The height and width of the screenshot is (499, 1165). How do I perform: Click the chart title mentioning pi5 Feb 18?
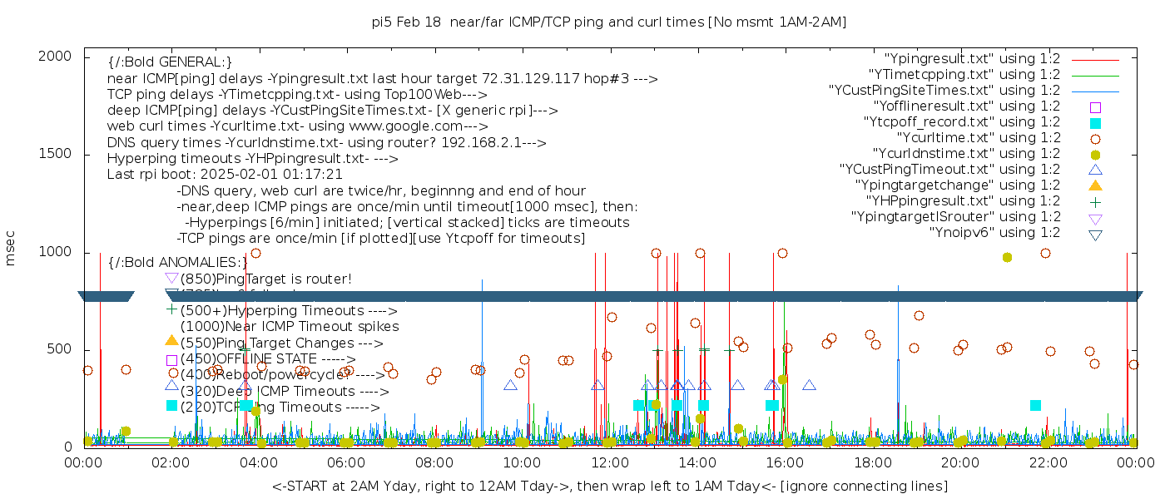coord(609,22)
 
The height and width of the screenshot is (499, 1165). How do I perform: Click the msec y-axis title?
coord(12,249)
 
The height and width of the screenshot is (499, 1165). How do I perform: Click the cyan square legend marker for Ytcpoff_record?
coord(1095,122)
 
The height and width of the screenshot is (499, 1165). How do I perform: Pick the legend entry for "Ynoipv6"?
coord(994,233)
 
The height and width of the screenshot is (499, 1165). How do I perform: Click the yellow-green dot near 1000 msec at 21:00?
coord(1007,258)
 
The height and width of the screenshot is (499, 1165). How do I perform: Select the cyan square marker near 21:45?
coord(1035,405)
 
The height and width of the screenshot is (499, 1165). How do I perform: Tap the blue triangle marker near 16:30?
coord(809,385)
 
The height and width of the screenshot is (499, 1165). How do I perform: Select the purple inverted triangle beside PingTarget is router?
coord(171,278)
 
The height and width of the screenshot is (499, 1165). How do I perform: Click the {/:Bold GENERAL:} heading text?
coord(170,62)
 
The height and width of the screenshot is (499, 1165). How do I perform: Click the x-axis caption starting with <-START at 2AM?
coord(609,486)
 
